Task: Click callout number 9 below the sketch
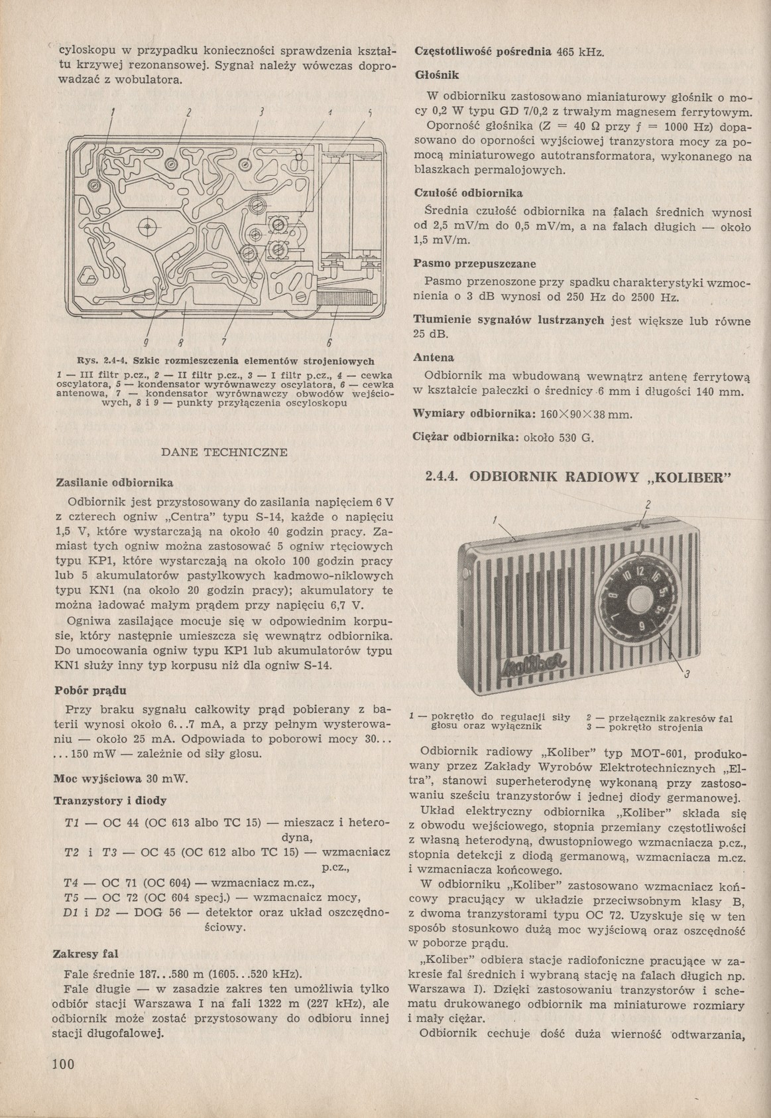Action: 145,342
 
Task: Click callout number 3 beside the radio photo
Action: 687,675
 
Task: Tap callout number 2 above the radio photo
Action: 648,502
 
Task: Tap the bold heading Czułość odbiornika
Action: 468,193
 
